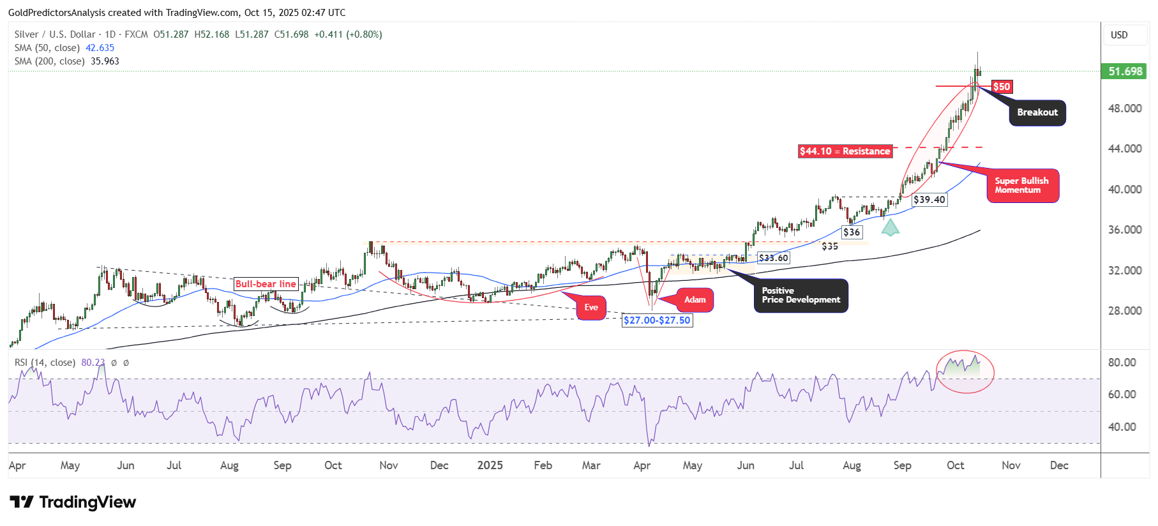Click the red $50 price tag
point(1002,87)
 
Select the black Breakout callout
point(1037,112)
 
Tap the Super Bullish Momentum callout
point(1022,186)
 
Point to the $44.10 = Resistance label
point(845,151)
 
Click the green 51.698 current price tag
point(1125,71)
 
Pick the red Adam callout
point(695,300)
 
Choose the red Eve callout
point(591,308)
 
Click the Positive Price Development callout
point(801,296)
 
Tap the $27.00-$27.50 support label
point(657,320)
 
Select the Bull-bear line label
point(266,284)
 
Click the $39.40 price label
point(929,200)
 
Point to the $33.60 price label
point(773,258)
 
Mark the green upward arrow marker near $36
point(890,228)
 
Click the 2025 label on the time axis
point(490,465)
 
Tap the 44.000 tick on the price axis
point(1125,149)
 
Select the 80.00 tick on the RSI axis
point(1122,363)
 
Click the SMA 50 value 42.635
point(100,48)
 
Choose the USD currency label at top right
point(1119,35)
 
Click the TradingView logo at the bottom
point(73,502)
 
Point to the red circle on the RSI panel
point(965,371)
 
